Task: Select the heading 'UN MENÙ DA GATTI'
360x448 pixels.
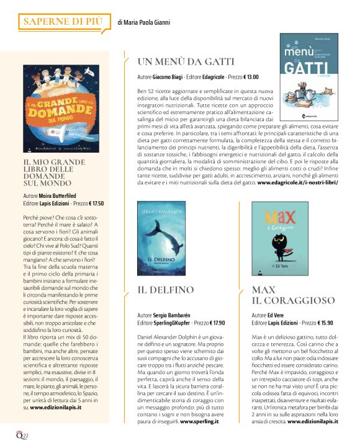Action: (186, 61)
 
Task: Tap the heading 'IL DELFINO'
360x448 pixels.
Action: (166, 290)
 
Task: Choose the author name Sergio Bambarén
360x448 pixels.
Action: (178, 315)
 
